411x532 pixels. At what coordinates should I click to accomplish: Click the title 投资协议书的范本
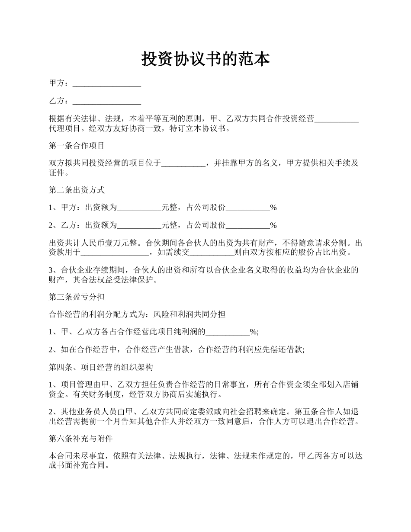(205, 59)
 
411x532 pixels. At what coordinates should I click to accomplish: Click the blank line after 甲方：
(107, 84)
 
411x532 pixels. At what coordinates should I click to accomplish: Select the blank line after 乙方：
(107, 102)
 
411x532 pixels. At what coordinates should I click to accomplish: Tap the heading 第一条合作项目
(77, 146)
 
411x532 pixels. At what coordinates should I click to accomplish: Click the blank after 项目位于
(183, 164)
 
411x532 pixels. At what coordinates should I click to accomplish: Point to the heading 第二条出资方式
(77, 190)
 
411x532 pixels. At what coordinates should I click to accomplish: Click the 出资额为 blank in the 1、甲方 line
(139, 208)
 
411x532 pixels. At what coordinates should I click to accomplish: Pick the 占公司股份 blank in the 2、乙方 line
(248, 226)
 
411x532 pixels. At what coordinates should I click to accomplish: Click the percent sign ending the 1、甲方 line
(273, 208)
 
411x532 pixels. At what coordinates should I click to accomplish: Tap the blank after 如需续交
(212, 253)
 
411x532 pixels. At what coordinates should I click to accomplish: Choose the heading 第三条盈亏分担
(77, 297)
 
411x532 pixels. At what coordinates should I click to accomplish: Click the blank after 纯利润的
(228, 333)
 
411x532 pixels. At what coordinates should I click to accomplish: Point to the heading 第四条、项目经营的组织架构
(101, 368)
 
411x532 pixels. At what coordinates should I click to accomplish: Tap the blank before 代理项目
(337, 120)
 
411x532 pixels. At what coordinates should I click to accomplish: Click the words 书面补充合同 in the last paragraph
(80, 466)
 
